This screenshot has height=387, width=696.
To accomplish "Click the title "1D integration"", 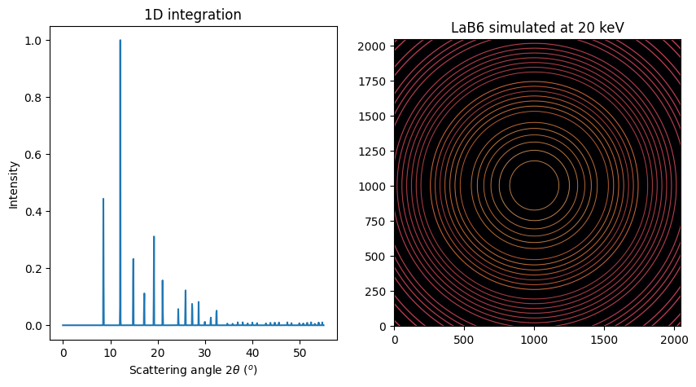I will point(192,15).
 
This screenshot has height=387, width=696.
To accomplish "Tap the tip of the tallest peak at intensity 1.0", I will point(120,40).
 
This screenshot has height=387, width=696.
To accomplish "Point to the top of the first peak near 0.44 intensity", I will point(103,199).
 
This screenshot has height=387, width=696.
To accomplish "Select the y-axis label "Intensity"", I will point(13,183).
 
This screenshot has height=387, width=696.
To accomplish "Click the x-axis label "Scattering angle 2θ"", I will point(193,370).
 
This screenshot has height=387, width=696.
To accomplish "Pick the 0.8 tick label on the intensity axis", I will point(41,98).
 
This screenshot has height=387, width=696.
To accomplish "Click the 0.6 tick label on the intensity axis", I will point(41,155).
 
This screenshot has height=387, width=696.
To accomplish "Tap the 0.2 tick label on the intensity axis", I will point(41,269).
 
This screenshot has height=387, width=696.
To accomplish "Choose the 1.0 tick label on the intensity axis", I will point(41,41).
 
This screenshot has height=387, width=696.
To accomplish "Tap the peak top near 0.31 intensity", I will point(154,236).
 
